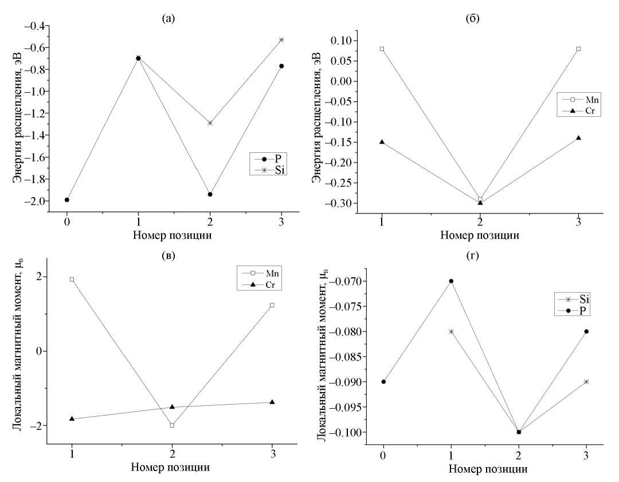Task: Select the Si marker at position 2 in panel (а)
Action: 210,123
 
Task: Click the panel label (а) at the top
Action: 169,18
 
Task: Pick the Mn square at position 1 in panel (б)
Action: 382,49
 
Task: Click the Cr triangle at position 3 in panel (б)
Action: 578,137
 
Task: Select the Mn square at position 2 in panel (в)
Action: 172,425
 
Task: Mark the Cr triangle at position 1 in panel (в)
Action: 72,418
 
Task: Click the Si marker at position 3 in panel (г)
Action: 586,382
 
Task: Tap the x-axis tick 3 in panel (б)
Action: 579,222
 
